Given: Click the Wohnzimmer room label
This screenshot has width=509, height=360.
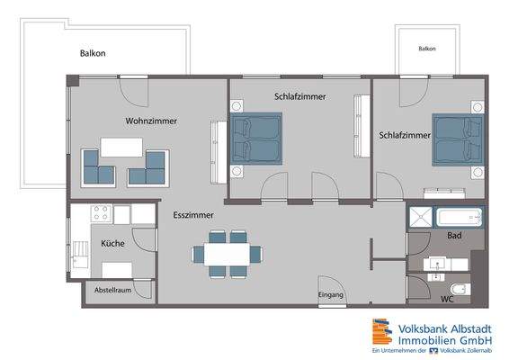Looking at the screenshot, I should [x=150, y=121].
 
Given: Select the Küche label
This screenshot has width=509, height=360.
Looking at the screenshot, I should [x=112, y=243].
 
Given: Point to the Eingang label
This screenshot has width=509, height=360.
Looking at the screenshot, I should [x=331, y=295].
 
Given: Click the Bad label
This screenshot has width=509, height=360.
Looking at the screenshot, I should [x=454, y=237].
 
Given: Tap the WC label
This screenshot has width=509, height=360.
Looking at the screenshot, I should [x=446, y=298].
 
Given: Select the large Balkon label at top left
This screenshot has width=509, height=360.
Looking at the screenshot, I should [x=93, y=53].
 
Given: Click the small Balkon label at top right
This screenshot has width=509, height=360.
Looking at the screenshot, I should [x=427, y=49].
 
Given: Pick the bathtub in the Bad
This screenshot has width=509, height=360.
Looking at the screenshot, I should [x=459, y=217].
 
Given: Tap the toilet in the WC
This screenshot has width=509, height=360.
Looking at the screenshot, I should [x=459, y=290].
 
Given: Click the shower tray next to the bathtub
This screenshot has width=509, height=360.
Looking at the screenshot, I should [x=419, y=217].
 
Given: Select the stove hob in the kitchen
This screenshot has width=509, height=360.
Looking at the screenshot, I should [x=99, y=215].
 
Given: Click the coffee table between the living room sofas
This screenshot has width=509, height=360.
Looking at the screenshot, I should [x=124, y=146].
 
